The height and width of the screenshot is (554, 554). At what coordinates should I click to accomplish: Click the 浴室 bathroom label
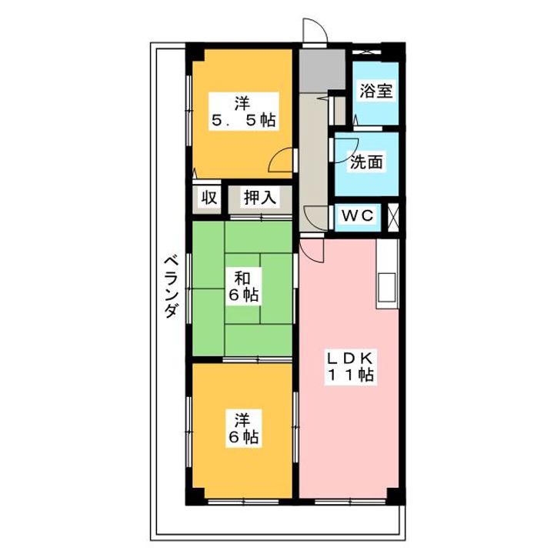(x=375, y=90)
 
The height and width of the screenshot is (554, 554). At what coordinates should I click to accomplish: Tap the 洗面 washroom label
(x=365, y=162)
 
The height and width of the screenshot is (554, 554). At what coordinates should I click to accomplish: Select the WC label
(x=357, y=216)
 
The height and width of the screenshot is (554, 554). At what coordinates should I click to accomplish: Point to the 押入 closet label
(x=259, y=198)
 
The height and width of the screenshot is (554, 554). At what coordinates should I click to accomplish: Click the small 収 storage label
(x=209, y=198)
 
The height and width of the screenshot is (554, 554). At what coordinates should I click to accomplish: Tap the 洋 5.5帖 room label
(x=243, y=111)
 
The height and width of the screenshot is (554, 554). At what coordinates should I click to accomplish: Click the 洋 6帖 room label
(x=243, y=429)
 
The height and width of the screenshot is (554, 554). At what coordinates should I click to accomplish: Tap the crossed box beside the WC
(x=395, y=216)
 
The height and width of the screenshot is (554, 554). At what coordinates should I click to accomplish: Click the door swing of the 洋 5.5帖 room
(x=282, y=160)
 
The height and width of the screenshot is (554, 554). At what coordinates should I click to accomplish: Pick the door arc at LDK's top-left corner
(x=310, y=249)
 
